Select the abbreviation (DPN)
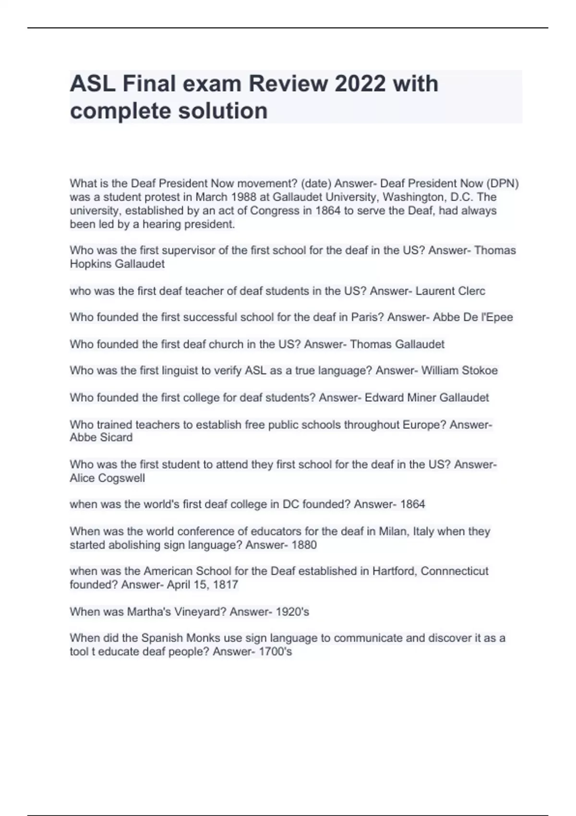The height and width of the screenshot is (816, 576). (x=502, y=183)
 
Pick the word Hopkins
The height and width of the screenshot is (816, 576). (x=92, y=264)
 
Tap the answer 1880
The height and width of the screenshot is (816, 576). (x=304, y=545)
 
